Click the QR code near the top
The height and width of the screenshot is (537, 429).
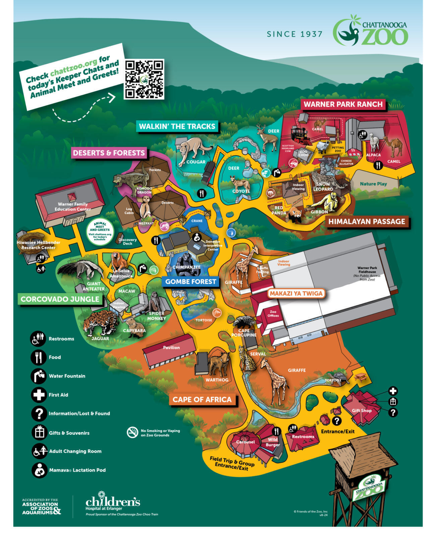pos(144,79)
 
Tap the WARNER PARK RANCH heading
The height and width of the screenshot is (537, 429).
pos(343,104)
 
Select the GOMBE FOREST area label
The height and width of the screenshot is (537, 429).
pos(190,282)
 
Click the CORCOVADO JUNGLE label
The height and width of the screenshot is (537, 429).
pos(60,299)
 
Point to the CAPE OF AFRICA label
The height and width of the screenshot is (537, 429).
pos(202,399)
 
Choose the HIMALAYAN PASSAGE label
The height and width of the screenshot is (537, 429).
pos(367,222)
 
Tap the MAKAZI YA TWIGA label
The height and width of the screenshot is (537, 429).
pos(296,293)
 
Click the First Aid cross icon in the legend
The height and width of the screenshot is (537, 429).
pos(39,395)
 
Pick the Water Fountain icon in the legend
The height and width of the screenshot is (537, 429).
pos(39,376)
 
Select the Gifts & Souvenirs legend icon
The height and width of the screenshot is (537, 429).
pos(39,432)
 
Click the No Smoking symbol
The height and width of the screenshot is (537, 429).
pos(132,432)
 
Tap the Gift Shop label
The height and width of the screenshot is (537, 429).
pos(362,410)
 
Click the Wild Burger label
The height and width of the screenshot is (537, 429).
pos(273,442)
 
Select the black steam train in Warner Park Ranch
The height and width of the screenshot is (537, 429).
pos(300,134)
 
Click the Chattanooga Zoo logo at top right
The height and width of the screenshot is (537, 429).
pos(370,30)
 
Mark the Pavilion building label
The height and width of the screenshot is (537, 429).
pos(171,347)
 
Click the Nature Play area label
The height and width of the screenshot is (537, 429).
pos(373,184)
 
